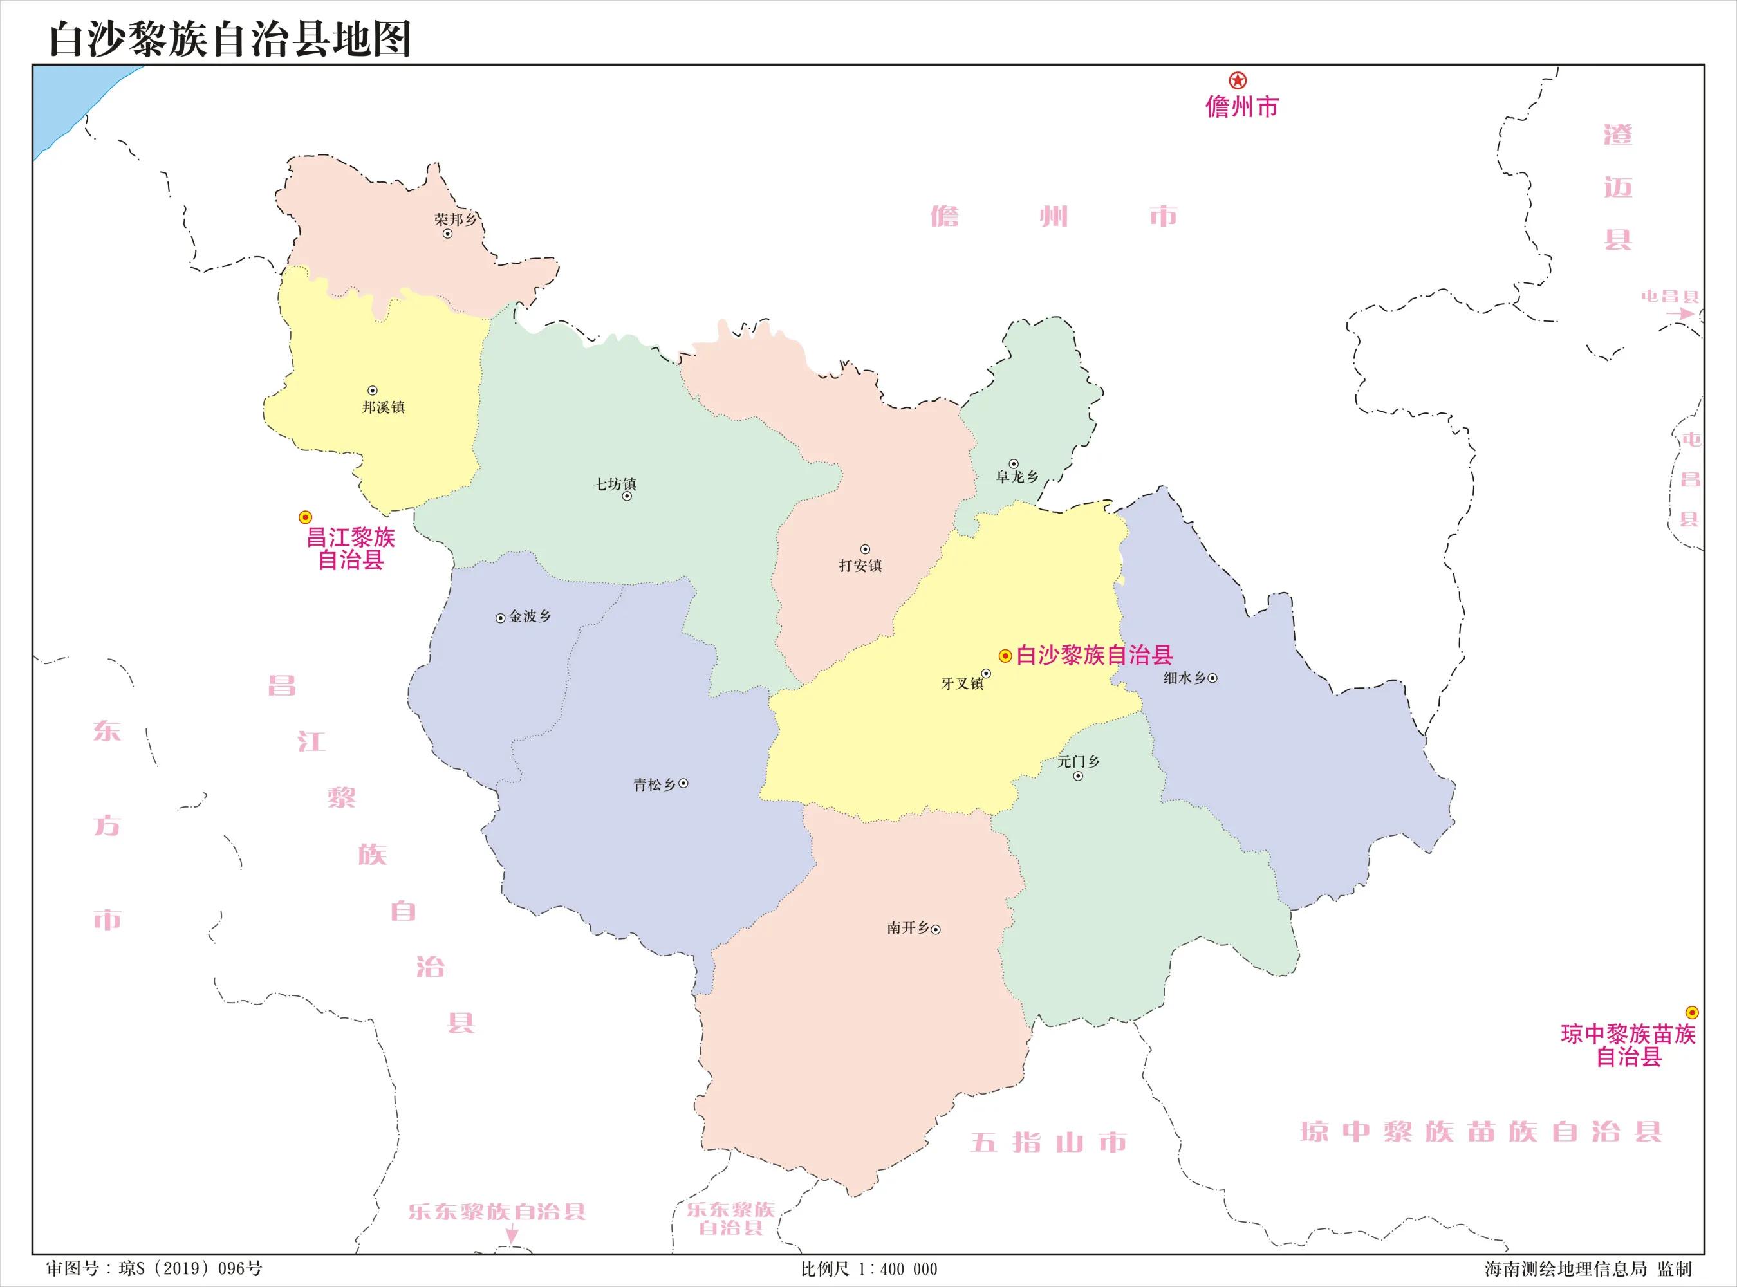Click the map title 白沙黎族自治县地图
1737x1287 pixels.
point(230,39)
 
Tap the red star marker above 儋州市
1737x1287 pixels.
point(1238,80)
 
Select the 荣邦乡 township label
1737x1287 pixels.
point(456,219)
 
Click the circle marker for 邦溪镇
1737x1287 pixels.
point(373,391)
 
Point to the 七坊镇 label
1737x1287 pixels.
point(615,484)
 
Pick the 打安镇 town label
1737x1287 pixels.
point(860,566)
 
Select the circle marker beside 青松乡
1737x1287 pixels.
point(683,784)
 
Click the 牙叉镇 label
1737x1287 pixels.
point(962,683)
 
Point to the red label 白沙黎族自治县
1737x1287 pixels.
point(1094,655)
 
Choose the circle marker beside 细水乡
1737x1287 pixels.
point(1212,678)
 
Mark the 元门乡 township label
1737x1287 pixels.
point(1078,761)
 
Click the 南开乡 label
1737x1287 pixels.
point(907,928)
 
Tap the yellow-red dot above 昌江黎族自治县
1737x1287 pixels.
point(305,517)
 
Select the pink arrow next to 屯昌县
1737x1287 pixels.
point(1680,313)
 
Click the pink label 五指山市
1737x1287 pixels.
point(1048,1142)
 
